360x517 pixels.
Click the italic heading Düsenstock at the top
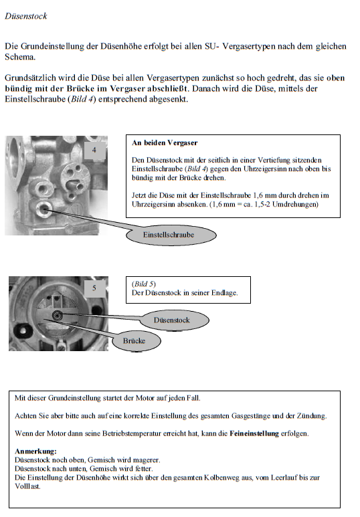click(25, 16)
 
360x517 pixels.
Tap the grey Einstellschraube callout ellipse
click(171, 235)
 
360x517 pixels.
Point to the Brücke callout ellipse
click(137, 341)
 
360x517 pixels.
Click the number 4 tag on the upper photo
click(94, 150)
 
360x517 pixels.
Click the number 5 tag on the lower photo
click(94, 288)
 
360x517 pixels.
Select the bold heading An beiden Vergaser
click(165, 142)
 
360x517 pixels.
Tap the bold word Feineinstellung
click(254, 433)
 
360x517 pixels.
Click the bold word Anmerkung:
click(35, 451)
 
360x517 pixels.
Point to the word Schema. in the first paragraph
click(20, 57)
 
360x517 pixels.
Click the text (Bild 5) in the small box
click(144, 284)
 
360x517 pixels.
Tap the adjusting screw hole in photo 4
click(44, 209)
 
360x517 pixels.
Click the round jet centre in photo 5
click(58, 316)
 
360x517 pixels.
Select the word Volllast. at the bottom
click(27, 486)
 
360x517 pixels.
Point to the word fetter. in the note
click(144, 469)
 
